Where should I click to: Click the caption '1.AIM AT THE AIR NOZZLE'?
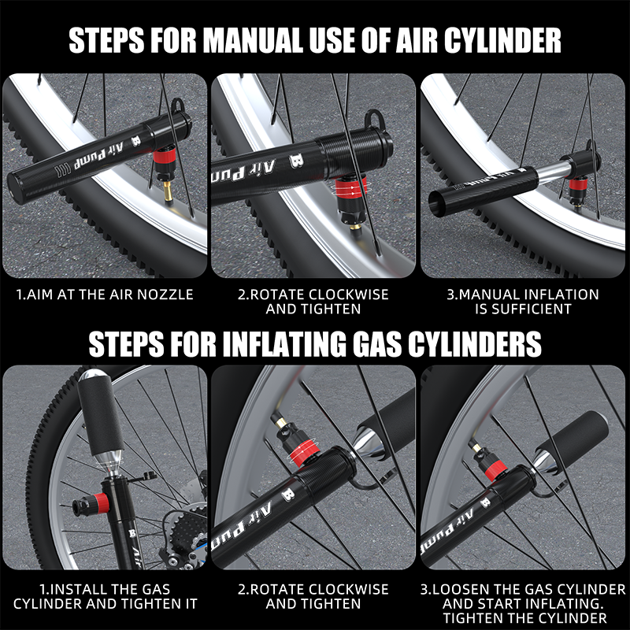click(x=105, y=295)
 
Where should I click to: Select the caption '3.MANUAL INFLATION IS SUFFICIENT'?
click(x=523, y=302)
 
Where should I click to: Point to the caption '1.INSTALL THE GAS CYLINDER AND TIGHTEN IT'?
click(x=106, y=596)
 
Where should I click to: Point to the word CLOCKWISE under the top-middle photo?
click(x=347, y=295)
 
